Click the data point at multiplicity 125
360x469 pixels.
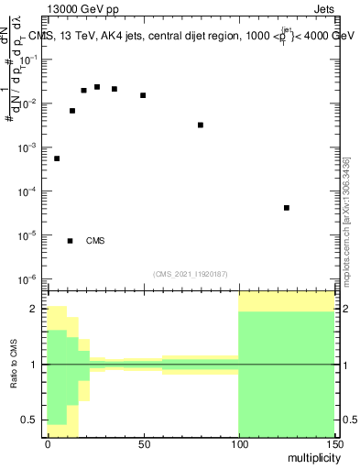[x=287, y=208]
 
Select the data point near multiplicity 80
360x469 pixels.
[x=201, y=125]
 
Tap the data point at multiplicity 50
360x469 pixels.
[x=143, y=95]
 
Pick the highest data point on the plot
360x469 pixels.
[x=97, y=87]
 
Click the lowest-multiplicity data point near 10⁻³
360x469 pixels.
[x=57, y=158]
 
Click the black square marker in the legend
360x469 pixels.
[x=70, y=241]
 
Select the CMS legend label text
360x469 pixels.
[x=95, y=241]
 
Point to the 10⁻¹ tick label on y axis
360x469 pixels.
[x=30, y=60]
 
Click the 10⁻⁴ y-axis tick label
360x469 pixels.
[x=30, y=191]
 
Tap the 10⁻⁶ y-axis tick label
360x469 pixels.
[x=30, y=278]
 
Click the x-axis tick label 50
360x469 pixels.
[x=143, y=444]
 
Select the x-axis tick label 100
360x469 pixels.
[x=238, y=444]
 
